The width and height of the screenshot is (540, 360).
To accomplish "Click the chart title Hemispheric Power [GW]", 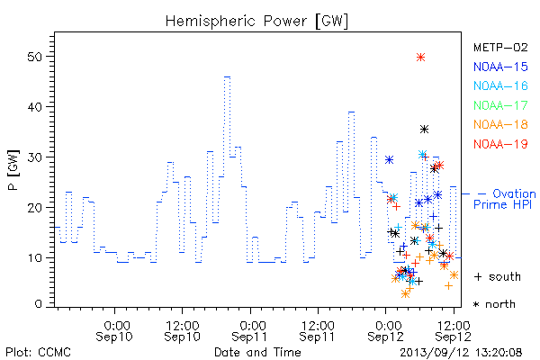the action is click(x=256, y=21).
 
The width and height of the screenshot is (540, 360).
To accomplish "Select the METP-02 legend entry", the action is click(x=500, y=47).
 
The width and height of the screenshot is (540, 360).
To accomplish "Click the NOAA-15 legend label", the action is click(x=500, y=67).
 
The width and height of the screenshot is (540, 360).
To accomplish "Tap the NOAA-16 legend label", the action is click(x=500, y=85).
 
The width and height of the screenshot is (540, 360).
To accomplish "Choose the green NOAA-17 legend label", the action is click(x=500, y=105).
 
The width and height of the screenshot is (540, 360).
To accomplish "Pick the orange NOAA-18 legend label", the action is click(x=500, y=124).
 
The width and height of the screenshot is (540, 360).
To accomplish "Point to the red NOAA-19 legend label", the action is click(x=500, y=144).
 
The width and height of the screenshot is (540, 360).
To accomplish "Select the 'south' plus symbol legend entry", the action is click(x=498, y=276).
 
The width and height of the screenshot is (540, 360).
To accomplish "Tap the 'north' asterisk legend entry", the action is click(x=494, y=304).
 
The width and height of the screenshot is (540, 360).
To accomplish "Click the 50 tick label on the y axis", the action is click(x=35, y=57).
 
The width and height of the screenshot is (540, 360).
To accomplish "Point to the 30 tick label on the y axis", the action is click(x=35, y=157).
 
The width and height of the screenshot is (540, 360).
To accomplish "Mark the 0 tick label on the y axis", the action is click(x=39, y=304).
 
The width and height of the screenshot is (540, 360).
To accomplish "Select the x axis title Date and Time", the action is click(x=257, y=352).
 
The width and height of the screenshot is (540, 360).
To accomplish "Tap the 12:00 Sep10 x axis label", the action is click(x=182, y=331).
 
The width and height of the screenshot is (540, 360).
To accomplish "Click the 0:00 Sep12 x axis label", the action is click(x=386, y=331).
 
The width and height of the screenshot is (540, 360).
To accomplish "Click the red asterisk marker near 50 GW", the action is click(x=420, y=58).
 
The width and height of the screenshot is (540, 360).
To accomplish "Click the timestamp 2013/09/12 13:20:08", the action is click(x=461, y=353).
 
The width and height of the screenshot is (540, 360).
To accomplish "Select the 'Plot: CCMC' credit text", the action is click(x=38, y=353).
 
